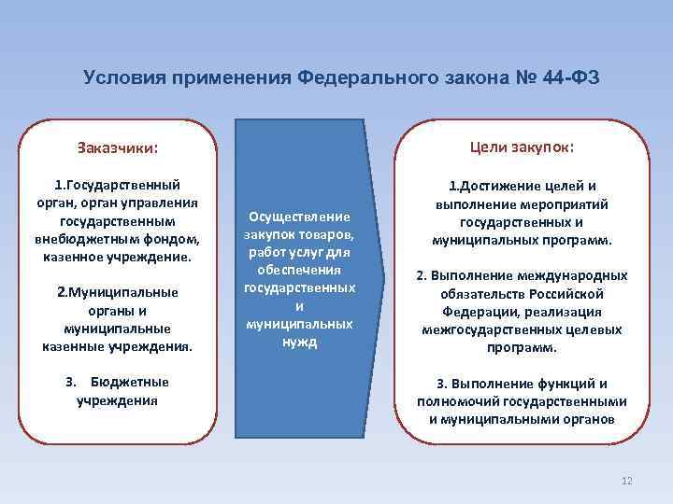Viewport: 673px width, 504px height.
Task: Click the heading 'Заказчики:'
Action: pyautogui.click(x=117, y=147)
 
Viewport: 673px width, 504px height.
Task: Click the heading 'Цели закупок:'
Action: pyautogui.click(x=523, y=147)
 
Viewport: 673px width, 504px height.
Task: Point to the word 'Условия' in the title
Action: pyautogui.click(x=119, y=77)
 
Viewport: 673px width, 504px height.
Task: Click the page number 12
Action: pyautogui.click(x=626, y=481)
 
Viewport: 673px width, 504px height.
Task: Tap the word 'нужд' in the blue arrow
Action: pyautogui.click(x=298, y=342)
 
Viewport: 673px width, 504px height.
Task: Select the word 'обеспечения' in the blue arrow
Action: pyautogui.click(x=298, y=271)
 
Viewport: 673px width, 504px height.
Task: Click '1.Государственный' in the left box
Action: pyautogui.click(x=118, y=186)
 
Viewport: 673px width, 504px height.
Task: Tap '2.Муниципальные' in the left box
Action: pyautogui.click(x=118, y=292)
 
